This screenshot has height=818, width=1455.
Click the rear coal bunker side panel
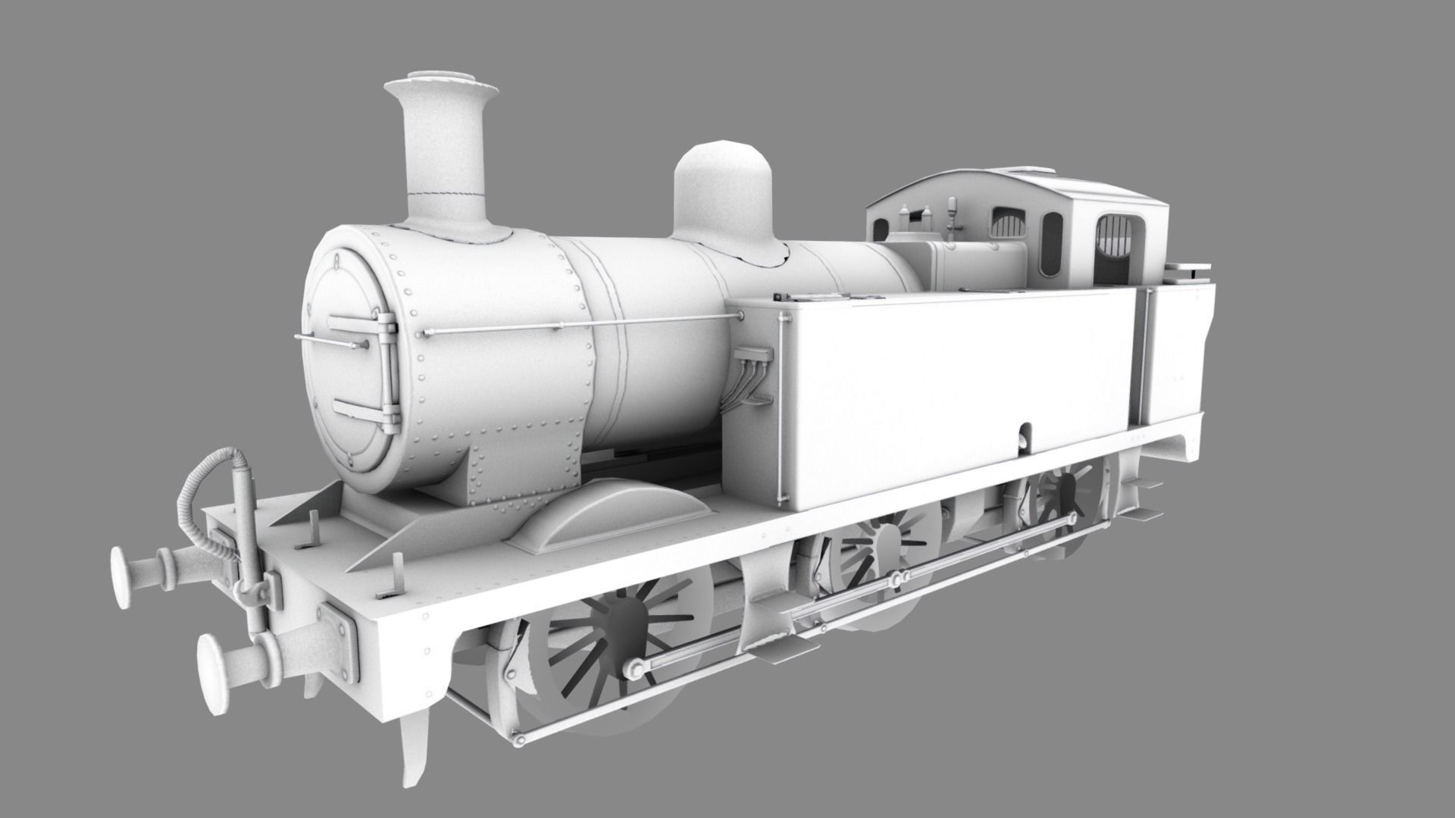[1175, 356]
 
